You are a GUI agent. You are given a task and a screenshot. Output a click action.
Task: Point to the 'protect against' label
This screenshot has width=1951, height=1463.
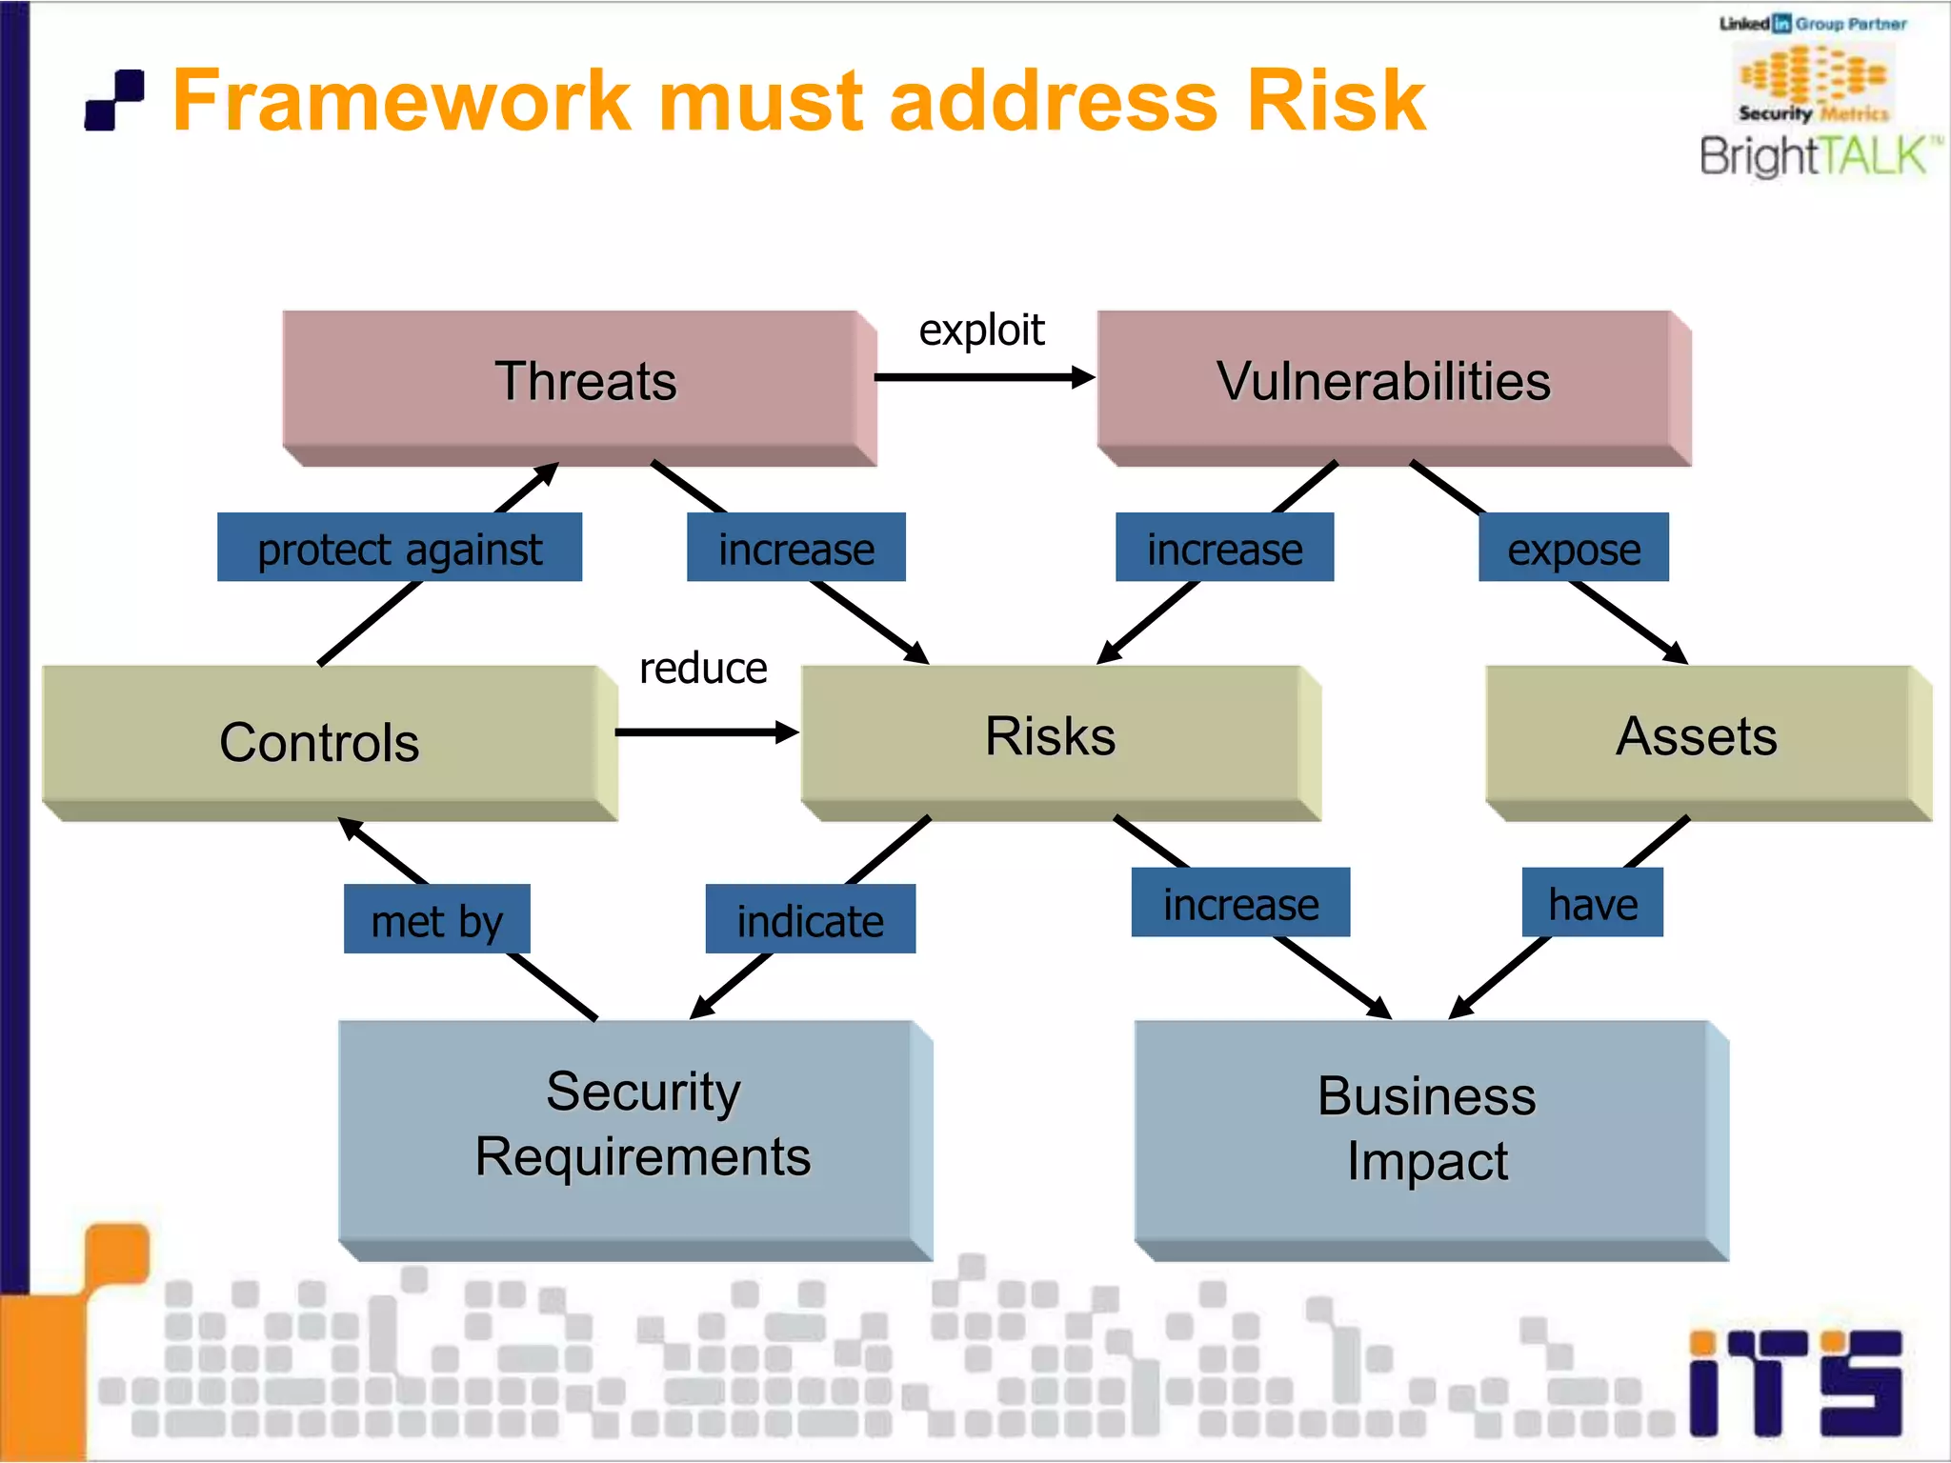click(399, 548)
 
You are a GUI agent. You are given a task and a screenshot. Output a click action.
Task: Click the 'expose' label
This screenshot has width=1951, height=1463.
click(1573, 548)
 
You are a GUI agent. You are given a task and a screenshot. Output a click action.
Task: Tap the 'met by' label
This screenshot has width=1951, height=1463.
click(436, 919)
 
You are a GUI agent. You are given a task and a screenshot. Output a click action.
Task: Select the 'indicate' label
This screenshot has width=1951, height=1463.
click(810, 919)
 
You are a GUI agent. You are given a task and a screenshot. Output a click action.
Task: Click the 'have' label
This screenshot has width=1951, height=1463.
click(1592, 902)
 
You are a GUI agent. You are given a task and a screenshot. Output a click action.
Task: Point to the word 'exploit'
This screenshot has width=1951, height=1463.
click(980, 330)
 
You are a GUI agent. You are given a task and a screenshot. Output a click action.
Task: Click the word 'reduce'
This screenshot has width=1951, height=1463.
click(703, 668)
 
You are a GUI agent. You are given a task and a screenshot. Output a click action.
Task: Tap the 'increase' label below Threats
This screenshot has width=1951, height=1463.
click(795, 548)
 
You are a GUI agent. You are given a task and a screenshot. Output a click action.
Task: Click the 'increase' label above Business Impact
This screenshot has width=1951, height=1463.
click(1239, 902)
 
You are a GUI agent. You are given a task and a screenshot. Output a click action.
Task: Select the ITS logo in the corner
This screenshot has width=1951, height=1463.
click(1795, 1383)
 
